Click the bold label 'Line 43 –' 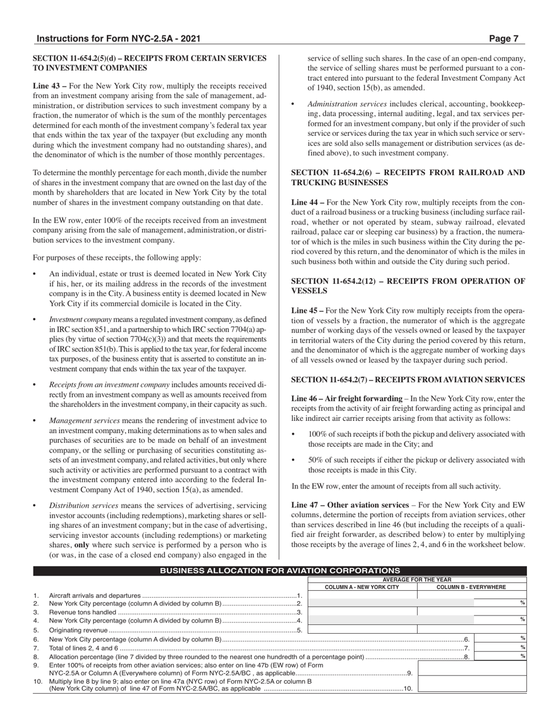coord(49,85)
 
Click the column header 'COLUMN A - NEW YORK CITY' coord(362,587)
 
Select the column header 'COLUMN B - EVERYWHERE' coord(472,587)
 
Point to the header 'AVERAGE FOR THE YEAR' coord(417,579)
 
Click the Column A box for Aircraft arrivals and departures coord(362,595)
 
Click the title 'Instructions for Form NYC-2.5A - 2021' coord(119,39)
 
